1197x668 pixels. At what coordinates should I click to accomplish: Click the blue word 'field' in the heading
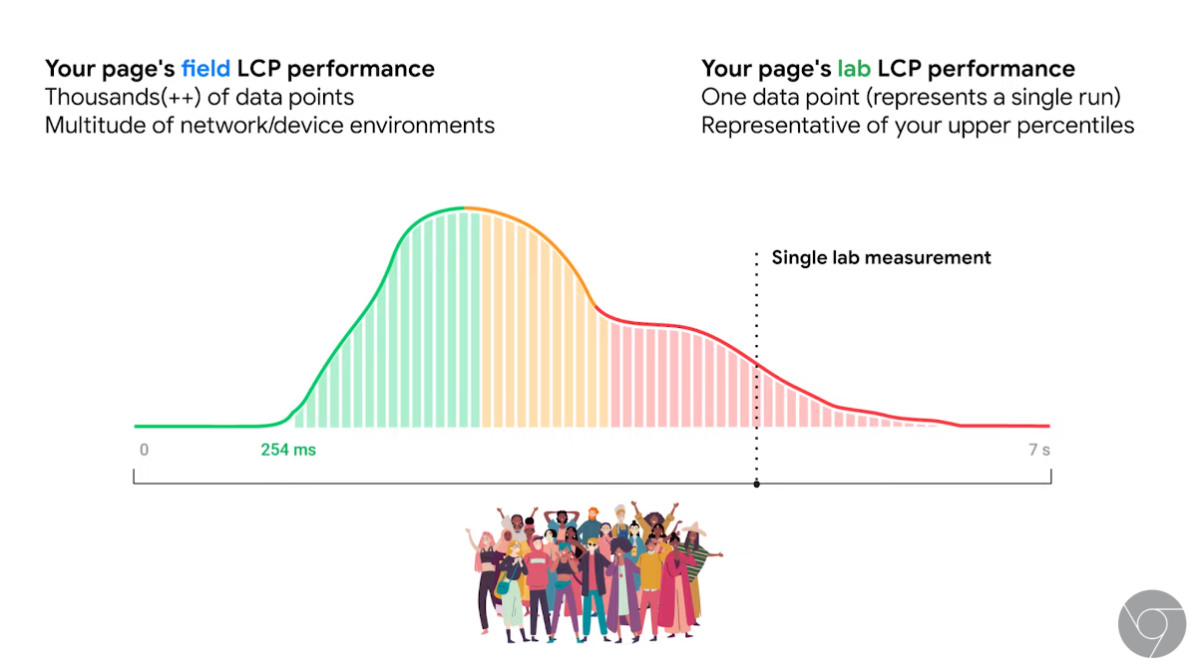coord(205,69)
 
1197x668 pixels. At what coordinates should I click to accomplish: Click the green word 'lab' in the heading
coord(854,69)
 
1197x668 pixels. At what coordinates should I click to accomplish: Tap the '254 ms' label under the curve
coord(288,450)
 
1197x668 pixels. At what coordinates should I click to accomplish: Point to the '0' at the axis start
coord(144,450)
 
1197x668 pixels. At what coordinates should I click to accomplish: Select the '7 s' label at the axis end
coord(1038,450)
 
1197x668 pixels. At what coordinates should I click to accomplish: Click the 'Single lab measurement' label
coord(881,257)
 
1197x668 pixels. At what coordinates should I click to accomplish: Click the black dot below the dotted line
coord(756,484)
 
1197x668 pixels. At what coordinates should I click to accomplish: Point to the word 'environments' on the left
coord(428,126)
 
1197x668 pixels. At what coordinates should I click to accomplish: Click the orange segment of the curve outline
coord(539,229)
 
